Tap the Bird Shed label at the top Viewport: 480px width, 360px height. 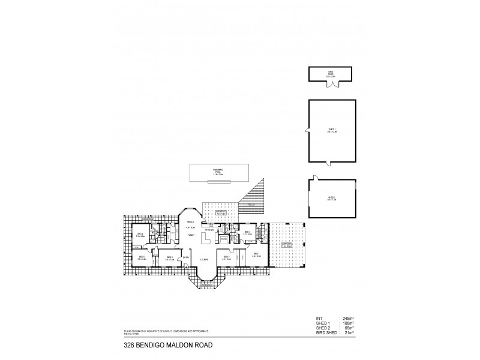(x=330, y=73)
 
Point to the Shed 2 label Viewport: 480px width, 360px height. (x=331, y=197)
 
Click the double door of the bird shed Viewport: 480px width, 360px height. (x=330, y=83)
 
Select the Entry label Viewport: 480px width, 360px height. (x=186, y=257)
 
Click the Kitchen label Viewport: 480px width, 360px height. (x=209, y=230)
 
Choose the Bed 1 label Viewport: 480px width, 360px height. (x=257, y=254)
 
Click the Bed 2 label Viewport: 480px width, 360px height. (x=226, y=257)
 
